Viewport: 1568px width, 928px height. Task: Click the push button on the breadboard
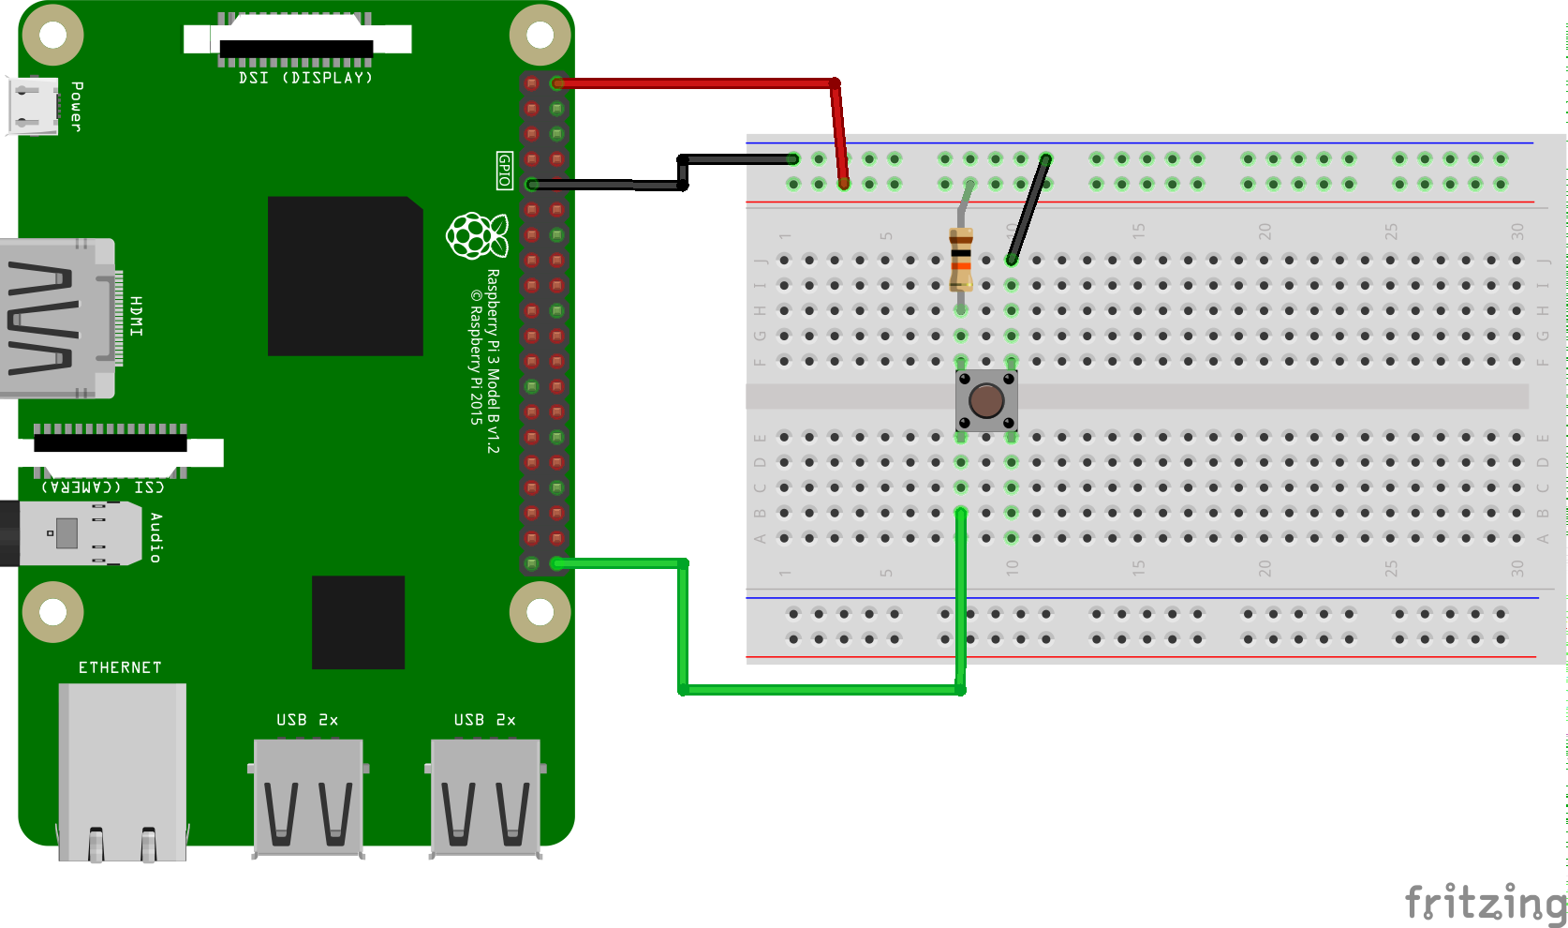click(986, 401)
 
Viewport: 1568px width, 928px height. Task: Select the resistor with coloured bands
click(961, 259)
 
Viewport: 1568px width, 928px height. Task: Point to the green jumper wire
click(820, 690)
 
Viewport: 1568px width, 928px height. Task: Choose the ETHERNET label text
click(120, 667)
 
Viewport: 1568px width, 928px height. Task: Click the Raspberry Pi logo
click(477, 234)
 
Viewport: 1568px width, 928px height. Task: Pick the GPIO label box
click(505, 171)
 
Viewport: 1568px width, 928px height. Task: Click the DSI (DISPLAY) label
click(305, 78)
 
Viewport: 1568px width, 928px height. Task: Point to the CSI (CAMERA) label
click(103, 486)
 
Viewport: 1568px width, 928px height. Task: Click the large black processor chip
click(345, 276)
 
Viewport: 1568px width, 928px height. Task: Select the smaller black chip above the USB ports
click(358, 622)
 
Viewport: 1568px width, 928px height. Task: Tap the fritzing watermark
click(1485, 902)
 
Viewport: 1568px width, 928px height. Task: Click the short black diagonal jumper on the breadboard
click(1028, 209)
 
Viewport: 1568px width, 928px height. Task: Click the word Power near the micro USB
click(77, 106)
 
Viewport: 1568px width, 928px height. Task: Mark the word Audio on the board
click(155, 537)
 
